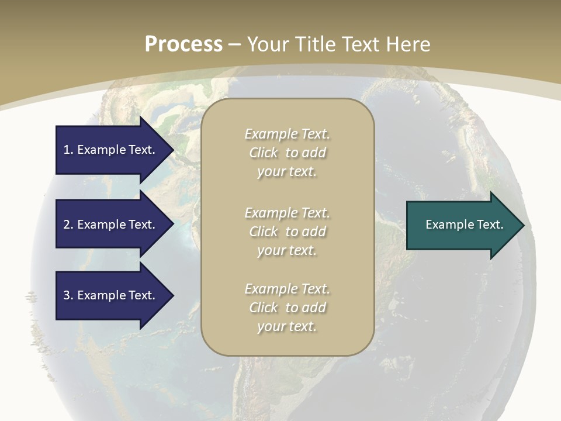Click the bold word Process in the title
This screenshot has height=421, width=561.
click(183, 44)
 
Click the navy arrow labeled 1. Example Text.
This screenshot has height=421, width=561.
click(109, 150)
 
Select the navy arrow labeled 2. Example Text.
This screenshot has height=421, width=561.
click(109, 225)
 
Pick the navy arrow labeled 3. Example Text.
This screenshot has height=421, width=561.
click(109, 295)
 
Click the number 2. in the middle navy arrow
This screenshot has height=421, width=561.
click(68, 225)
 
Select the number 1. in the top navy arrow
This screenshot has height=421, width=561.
click(68, 150)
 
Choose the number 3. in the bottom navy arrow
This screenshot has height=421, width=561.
click(68, 295)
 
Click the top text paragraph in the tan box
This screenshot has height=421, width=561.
click(288, 153)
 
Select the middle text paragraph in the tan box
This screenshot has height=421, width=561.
click(288, 232)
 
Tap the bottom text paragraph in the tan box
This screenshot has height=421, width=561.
click(288, 308)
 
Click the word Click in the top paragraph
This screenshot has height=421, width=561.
click(264, 153)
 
